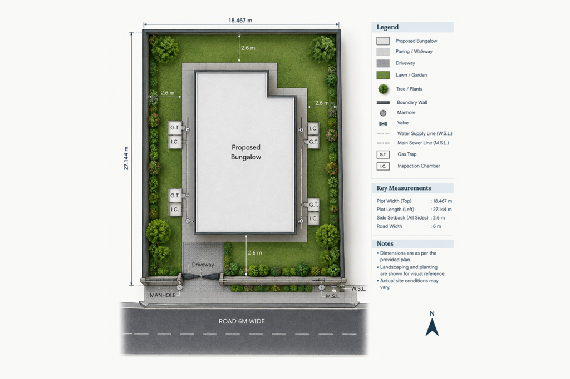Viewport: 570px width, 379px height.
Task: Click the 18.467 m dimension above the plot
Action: (x=240, y=21)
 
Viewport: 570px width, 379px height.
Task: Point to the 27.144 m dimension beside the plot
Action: (x=126, y=158)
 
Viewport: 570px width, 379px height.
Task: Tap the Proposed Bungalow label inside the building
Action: (x=246, y=152)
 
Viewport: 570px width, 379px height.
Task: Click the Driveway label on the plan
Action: (x=203, y=265)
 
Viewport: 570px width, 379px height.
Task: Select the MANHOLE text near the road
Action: (x=163, y=295)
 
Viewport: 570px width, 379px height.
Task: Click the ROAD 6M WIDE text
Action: (x=242, y=321)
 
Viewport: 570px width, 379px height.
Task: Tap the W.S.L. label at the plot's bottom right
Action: (x=358, y=288)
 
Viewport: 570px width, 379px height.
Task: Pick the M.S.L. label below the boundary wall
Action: (x=333, y=296)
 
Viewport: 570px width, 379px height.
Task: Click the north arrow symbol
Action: (x=432, y=326)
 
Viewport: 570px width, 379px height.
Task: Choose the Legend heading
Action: (x=387, y=27)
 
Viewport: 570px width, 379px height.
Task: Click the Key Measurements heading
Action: (x=404, y=188)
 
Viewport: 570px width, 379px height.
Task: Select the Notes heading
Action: (x=385, y=243)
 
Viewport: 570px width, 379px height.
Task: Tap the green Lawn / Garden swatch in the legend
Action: (x=383, y=75)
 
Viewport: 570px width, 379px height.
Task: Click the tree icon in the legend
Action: (x=383, y=89)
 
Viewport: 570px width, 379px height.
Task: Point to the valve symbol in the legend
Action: (x=383, y=123)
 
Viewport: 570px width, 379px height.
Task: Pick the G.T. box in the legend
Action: (x=383, y=154)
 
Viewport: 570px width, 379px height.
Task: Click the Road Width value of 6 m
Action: (x=436, y=226)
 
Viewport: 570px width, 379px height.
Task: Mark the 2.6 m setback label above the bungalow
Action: (x=248, y=48)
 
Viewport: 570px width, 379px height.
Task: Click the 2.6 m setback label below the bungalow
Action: (x=255, y=253)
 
